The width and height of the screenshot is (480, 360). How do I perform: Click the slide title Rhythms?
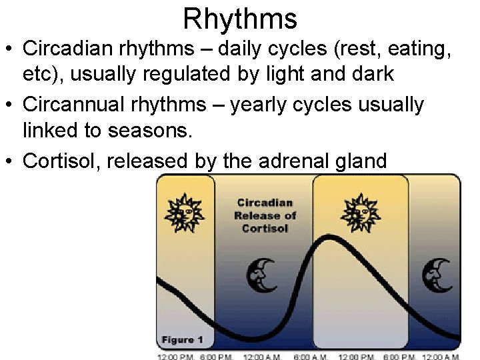coord(240,18)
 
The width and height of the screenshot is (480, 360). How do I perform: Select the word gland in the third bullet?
coord(363,161)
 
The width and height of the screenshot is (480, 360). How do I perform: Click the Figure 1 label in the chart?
coord(182,340)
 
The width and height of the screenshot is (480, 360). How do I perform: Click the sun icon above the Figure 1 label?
coord(185,213)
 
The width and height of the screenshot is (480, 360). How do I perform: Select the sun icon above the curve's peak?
coord(359,213)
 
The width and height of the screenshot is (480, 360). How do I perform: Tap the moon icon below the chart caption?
coord(261,275)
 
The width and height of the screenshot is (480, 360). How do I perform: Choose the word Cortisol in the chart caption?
coord(265,228)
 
